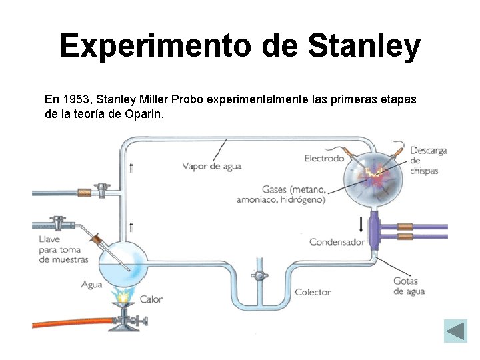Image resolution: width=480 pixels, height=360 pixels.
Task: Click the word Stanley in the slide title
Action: pos(364,46)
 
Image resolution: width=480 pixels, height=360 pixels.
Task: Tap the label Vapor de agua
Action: pos(211,166)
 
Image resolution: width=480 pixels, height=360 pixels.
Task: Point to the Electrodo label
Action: pos(324,158)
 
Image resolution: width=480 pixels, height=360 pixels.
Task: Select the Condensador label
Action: pos(337,242)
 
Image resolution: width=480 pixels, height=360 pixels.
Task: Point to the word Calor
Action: pos(151,299)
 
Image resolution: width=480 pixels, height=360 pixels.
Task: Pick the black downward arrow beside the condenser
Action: pos(361,223)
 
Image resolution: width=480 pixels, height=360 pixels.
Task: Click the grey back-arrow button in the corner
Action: pos(456,331)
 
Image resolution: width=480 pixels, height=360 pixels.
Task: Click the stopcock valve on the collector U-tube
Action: pos(258,275)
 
